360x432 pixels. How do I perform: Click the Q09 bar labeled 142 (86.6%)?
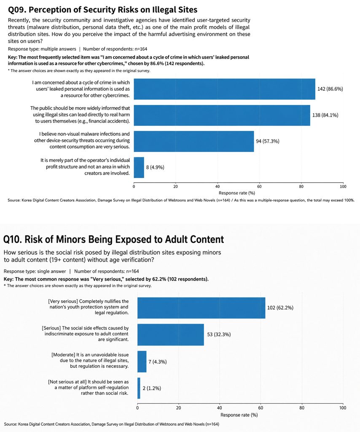click(225, 89)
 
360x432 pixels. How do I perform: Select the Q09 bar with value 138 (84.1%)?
click(222, 115)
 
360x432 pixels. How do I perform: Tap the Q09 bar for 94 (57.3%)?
click(194, 141)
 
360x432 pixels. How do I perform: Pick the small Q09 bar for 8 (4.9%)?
click(139, 167)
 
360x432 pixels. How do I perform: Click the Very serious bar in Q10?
click(201, 308)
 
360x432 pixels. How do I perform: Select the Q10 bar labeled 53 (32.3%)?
click(171, 335)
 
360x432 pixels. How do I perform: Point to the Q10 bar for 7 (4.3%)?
click(142, 362)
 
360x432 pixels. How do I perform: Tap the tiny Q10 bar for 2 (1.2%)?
click(139, 388)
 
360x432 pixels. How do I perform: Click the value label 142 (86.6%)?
click(330, 89)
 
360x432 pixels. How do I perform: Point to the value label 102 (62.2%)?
click(280, 308)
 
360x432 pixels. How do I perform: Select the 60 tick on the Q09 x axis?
click(259, 186)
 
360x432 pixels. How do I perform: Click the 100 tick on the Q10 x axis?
click(343, 408)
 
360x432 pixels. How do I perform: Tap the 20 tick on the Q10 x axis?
click(179, 408)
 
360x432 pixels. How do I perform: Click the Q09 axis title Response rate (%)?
click(237, 193)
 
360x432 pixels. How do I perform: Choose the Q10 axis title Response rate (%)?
click(239, 415)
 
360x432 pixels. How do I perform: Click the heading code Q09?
click(17, 10)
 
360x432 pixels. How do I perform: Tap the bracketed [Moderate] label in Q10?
click(63, 355)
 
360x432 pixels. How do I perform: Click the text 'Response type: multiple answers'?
click(42, 49)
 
